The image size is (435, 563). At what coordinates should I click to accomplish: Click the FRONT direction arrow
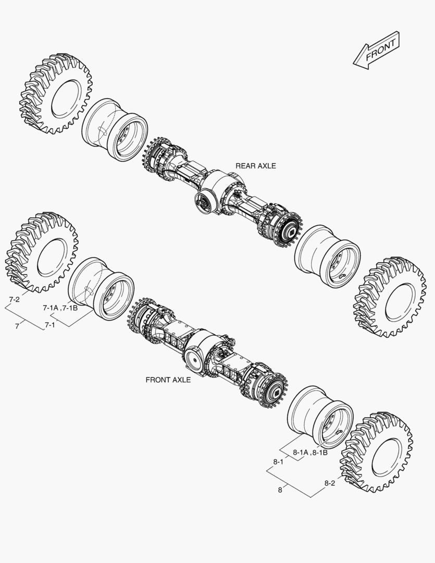(x=376, y=51)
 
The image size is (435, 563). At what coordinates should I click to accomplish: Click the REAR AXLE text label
(x=255, y=166)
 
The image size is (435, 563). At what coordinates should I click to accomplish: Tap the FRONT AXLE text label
(x=168, y=380)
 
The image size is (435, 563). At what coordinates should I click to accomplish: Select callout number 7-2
(x=15, y=299)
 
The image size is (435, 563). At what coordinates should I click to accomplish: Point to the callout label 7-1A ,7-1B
(x=60, y=308)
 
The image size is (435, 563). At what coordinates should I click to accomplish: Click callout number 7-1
(x=50, y=325)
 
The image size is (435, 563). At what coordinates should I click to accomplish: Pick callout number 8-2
(x=330, y=483)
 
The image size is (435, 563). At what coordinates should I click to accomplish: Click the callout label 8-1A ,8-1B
(x=310, y=452)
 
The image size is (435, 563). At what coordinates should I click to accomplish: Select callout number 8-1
(x=278, y=462)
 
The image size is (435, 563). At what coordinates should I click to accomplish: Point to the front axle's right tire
(x=376, y=451)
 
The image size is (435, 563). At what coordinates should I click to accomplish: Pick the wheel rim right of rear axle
(x=327, y=256)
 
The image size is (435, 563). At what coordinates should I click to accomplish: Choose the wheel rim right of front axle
(x=320, y=417)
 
